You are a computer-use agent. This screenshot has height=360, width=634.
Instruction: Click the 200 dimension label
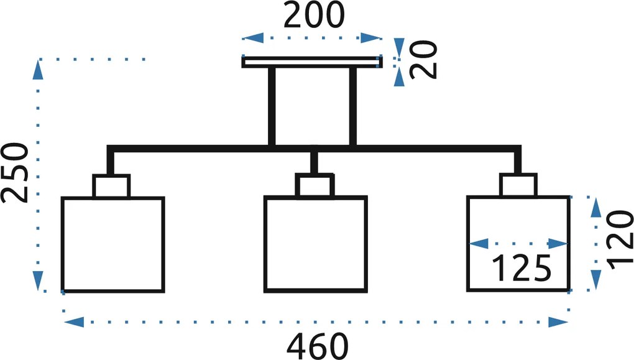coord(314,16)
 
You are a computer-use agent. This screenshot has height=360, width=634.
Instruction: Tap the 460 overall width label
coord(318,346)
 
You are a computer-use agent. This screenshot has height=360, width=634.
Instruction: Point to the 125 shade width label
coord(521,268)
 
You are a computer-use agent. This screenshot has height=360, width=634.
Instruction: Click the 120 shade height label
coord(620,240)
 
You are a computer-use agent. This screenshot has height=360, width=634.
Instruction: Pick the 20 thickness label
coord(423,59)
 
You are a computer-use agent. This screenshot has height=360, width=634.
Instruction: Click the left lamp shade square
coord(113,244)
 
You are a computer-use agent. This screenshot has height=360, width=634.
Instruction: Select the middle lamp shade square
coord(315,244)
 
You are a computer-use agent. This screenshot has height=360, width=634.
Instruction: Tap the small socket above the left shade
coord(111,186)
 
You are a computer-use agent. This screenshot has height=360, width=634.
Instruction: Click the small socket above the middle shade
coord(315,185)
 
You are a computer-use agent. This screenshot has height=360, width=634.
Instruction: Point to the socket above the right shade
coord(518,185)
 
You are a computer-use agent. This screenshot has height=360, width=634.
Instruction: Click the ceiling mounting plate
coord(312,62)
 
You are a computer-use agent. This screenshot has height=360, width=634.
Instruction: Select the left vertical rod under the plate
coord(272,106)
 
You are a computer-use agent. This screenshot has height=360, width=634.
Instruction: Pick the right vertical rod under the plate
coord(352,106)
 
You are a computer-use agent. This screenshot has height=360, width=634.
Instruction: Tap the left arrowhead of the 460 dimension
coord(74,322)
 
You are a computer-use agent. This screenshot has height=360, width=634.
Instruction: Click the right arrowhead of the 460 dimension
coord(558,322)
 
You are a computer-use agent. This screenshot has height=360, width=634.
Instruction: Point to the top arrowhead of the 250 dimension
coord(39,70)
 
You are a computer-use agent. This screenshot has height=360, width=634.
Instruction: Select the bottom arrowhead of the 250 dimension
coord(39,280)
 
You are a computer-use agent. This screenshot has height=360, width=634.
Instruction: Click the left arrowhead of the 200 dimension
coord(253,38)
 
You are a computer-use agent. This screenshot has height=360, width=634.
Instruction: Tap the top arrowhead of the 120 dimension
coord(595,208)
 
